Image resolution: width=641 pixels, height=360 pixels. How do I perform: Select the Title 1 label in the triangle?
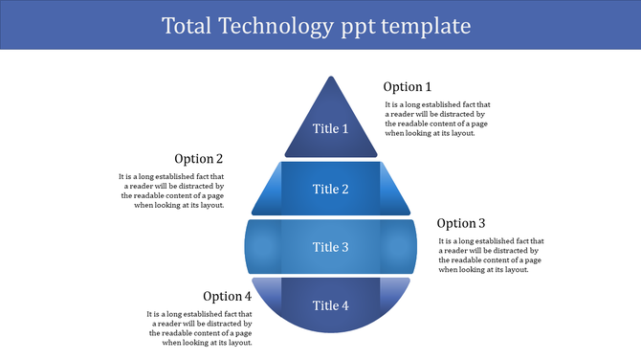pos(331,128)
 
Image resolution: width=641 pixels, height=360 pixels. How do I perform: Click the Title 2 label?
pos(331,189)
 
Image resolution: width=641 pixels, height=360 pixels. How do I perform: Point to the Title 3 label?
pos(331,247)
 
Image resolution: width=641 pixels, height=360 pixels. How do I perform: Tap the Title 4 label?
pos(331,305)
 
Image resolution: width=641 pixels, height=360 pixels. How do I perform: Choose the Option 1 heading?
pos(408,87)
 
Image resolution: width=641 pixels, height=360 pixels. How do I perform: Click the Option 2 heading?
pos(199,159)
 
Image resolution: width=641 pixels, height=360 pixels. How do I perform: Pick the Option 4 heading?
pos(227,296)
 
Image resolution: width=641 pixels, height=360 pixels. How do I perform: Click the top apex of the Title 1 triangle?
pos(331,80)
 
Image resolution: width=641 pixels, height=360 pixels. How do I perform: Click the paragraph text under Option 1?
pos(437,119)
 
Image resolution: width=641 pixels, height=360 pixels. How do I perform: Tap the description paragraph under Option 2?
pos(172,191)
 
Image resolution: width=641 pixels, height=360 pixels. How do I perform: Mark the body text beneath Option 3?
pos(491,256)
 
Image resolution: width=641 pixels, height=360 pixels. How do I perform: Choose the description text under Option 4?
pos(199,327)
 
